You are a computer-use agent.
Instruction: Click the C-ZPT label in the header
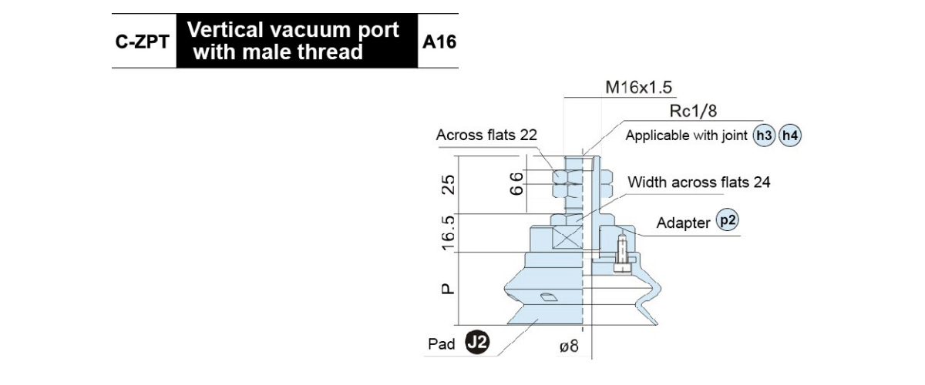point(142,42)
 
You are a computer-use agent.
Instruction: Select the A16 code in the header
point(439,42)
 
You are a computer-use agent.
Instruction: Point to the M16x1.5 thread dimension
point(638,87)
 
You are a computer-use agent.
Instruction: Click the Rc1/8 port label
point(693,111)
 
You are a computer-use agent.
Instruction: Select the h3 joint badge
point(764,136)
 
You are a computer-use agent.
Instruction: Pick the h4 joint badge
point(790,136)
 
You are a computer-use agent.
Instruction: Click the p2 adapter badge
point(727,220)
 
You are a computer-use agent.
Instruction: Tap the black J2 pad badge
point(477,343)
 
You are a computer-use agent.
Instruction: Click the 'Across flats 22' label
point(486,135)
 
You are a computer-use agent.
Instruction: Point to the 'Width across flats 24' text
point(698,182)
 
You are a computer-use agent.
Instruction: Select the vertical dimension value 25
point(449,185)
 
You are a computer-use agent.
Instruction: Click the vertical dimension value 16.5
point(449,233)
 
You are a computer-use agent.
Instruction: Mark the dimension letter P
point(448,289)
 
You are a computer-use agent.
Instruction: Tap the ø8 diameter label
point(569,346)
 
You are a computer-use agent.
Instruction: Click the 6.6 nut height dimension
point(516,184)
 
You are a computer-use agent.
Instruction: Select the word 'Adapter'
point(683,223)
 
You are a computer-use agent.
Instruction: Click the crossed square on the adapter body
point(567,238)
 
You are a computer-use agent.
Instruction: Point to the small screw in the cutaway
point(622,254)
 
